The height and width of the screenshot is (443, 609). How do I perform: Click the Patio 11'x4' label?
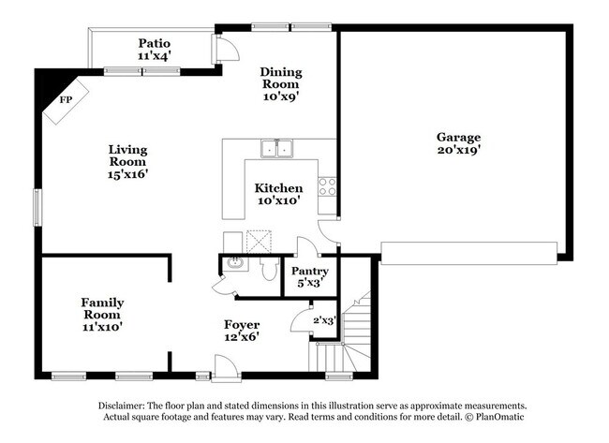pos(154,49)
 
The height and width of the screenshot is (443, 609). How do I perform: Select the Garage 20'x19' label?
pos(458,142)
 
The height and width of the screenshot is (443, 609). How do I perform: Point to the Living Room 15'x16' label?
pos(127,160)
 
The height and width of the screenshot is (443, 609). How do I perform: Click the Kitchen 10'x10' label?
pos(279,194)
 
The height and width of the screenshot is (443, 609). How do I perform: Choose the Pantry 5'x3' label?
pos(309,276)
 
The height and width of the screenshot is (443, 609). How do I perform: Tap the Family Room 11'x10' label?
pos(102,315)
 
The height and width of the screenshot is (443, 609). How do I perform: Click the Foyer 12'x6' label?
pos(242,331)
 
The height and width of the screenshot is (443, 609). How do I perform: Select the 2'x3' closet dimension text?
pos(323,320)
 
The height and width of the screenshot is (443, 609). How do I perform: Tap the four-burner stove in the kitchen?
pos(327,185)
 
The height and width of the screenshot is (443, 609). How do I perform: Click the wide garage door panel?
pos(469,249)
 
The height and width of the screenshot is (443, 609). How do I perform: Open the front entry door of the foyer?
pos(226,373)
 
